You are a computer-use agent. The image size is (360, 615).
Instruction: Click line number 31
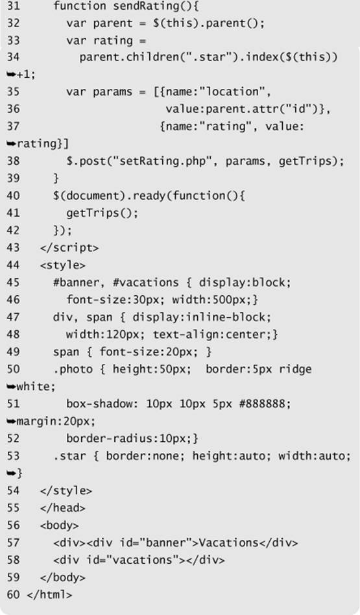[x=13, y=6]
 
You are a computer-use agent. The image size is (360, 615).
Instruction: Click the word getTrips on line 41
[x=93, y=213]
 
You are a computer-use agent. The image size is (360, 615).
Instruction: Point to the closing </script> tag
[x=69, y=248]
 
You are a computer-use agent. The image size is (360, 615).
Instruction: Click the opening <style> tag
[x=63, y=265]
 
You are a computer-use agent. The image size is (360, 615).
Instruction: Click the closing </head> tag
[x=63, y=508]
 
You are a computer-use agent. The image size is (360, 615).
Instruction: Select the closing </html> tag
[x=49, y=595]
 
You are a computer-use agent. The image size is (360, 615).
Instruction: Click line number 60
[x=13, y=595]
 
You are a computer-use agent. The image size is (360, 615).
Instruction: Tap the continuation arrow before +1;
[x=12, y=75]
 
